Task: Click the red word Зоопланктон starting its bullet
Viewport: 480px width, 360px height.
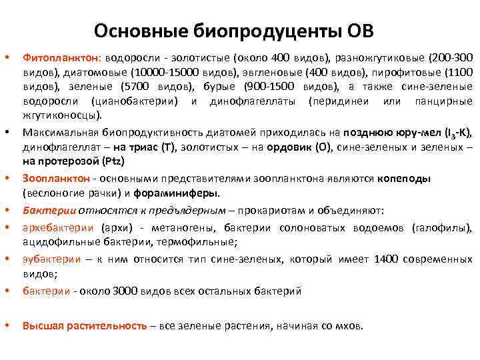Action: [56, 179]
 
